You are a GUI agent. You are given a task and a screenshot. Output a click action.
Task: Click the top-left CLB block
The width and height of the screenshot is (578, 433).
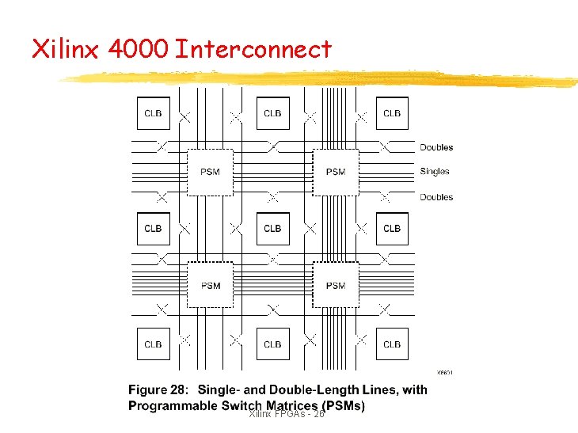pyautogui.click(x=153, y=113)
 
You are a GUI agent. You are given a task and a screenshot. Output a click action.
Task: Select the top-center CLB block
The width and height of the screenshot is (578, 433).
pyautogui.click(x=272, y=113)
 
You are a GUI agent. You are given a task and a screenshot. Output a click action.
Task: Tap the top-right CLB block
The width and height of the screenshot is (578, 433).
pyautogui.click(x=392, y=113)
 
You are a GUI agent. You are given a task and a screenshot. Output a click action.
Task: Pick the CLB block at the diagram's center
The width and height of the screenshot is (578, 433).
pyautogui.click(x=272, y=229)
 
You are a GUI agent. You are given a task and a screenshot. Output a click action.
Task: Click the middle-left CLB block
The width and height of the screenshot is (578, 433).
pyautogui.click(x=153, y=229)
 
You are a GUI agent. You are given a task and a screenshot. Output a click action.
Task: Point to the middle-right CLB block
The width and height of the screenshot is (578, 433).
pyautogui.click(x=392, y=229)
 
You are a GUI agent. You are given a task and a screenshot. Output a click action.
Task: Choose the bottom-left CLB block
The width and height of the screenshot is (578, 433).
pyautogui.click(x=153, y=344)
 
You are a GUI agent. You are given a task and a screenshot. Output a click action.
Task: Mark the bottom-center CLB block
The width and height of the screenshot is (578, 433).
pyautogui.click(x=272, y=344)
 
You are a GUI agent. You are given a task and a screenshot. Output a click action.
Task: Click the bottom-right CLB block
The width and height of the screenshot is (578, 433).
pyautogui.click(x=392, y=344)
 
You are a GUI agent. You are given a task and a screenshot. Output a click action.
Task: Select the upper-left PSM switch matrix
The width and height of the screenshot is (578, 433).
pyautogui.click(x=211, y=172)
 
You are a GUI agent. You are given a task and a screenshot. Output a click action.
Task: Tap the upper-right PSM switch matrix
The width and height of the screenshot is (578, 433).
pyautogui.click(x=336, y=172)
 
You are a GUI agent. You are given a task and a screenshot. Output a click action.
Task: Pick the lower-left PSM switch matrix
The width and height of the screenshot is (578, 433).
pyautogui.click(x=211, y=286)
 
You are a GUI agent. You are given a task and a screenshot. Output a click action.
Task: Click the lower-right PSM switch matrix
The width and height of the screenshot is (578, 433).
pyautogui.click(x=336, y=286)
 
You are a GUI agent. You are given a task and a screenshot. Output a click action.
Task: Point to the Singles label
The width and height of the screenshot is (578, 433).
pyautogui.click(x=434, y=171)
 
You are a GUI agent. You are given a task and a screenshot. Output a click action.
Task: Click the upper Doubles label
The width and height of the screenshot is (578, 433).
pyautogui.click(x=436, y=147)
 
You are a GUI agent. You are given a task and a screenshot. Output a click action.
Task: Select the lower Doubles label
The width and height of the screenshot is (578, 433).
pyautogui.click(x=436, y=197)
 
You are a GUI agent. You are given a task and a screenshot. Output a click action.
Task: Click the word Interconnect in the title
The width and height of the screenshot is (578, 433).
pyautogui.click(x=253, y=50)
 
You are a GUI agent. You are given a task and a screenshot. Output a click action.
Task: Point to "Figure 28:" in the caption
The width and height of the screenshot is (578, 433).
pyautogui.click(x=158, y=389)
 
